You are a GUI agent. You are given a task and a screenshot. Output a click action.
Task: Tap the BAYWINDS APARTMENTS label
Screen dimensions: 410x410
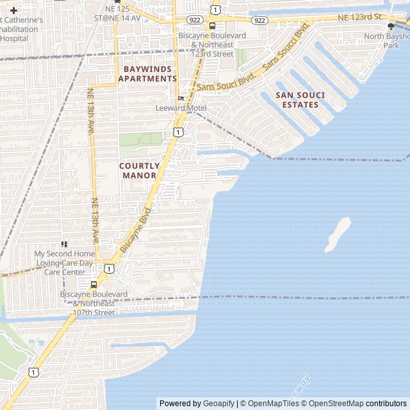[147, 73]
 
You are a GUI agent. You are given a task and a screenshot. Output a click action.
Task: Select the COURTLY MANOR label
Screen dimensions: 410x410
[140, 170]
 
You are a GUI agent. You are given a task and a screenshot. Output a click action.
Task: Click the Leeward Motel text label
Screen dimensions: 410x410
[181, 108]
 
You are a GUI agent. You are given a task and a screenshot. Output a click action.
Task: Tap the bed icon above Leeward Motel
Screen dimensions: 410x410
[181, 98]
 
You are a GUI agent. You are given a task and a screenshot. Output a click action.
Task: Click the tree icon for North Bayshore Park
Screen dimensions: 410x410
[391, 26]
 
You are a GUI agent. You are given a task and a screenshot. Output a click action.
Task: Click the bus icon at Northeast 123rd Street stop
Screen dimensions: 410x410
[211, 26]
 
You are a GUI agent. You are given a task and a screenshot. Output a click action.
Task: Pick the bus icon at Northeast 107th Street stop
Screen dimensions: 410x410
[94, 284]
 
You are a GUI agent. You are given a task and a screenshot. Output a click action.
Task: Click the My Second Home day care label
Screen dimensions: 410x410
[64, 263]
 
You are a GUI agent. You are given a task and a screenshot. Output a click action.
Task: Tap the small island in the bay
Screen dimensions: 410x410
[338, 234]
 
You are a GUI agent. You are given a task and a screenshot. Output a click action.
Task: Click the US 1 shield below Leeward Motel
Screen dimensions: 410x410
[177, 131]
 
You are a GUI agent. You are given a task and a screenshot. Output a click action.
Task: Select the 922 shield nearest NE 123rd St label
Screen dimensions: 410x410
[259, 20]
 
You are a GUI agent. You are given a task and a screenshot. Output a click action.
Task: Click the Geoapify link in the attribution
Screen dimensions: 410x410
[218, 404]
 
